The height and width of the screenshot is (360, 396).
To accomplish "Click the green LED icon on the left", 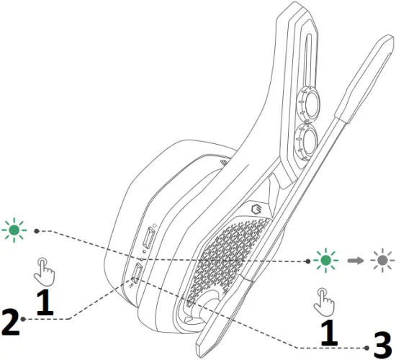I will [13, 230].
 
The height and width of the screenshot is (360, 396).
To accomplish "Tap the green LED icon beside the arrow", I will [327, 258].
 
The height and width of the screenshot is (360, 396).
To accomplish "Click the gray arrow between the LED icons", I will [354, 258].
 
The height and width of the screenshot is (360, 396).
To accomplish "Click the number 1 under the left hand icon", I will [45, 303].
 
